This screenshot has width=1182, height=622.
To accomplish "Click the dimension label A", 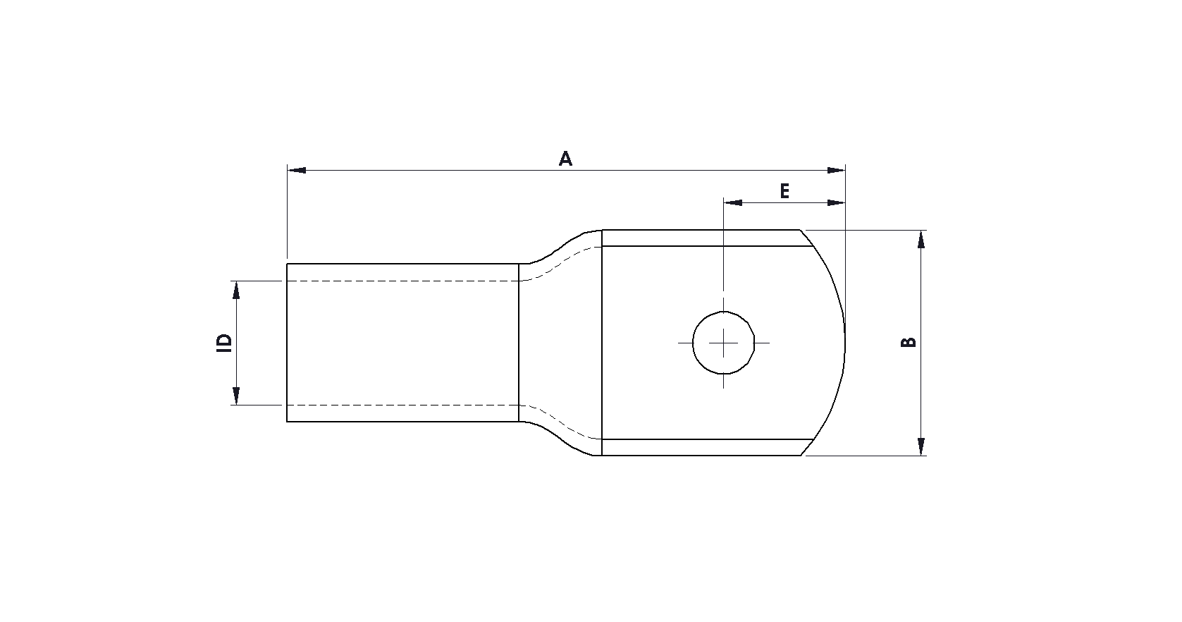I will (565, 159).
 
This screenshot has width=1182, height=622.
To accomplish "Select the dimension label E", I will (784, 191).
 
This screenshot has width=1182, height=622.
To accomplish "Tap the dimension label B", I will (909, 342).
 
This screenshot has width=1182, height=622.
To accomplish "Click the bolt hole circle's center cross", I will (724, 343).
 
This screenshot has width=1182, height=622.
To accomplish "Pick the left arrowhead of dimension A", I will (296, 170).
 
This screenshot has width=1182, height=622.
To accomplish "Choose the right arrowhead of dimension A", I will (836, 170).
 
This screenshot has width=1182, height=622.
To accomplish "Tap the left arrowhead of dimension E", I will (733, 203).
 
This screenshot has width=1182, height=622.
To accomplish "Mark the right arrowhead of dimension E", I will (836, 203).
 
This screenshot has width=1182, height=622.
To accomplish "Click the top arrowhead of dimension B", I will (921, 239).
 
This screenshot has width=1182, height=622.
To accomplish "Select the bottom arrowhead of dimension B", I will (921, 446).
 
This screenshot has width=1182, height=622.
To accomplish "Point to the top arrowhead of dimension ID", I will (236, 290).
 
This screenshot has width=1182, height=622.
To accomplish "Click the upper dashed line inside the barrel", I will (402, 281).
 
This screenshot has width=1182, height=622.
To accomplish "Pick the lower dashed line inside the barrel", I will (402, 405).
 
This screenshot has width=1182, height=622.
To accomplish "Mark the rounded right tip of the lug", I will (844, 343).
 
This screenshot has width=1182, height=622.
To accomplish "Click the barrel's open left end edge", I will (287, 343).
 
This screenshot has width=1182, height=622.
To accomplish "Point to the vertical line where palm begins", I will (602, 343).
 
